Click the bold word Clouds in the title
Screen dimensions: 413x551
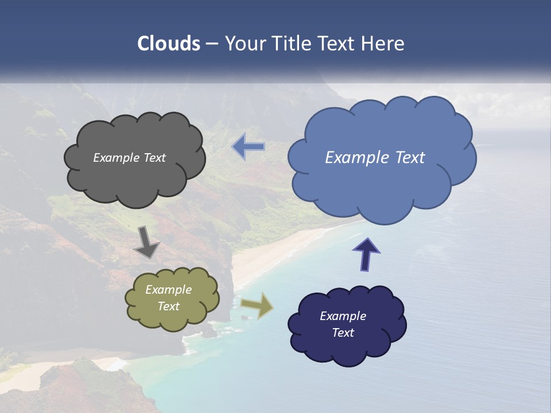click(169, 44)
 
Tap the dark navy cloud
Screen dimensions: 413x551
click(347, 350)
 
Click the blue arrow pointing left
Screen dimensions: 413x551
click(248, 147)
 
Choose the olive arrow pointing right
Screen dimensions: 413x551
click(257, 305)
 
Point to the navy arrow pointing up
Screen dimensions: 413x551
click(366, 254)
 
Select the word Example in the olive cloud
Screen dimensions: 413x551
click(169, 290)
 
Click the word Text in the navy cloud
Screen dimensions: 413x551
click(343, 333)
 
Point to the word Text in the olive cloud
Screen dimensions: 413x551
click(169, 306)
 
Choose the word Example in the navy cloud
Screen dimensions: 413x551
click(343, 316)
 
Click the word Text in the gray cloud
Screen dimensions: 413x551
click(154, 158)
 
